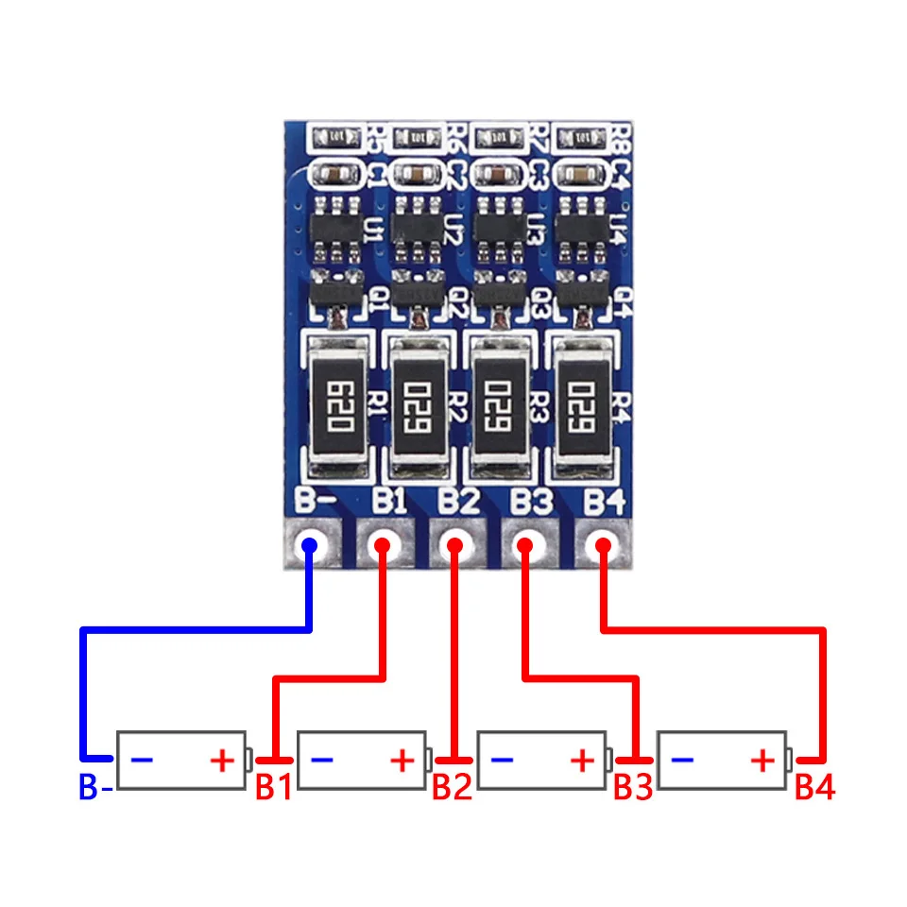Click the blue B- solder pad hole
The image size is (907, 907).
[309, 545]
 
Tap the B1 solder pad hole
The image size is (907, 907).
[382, 545]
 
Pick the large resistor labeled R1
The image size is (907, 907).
[335, 406]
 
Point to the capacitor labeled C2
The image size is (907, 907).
[416, 175]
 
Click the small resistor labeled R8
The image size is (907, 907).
[578, 139]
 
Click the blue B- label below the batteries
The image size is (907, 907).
[95, 788]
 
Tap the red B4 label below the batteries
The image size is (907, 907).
[814, 788]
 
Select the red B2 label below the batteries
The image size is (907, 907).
[452, 788]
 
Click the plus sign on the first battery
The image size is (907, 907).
[221, 760]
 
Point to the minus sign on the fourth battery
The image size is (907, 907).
[684, 760]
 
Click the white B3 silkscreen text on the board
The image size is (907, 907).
[531, 500]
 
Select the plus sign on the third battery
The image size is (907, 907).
[583, 760]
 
